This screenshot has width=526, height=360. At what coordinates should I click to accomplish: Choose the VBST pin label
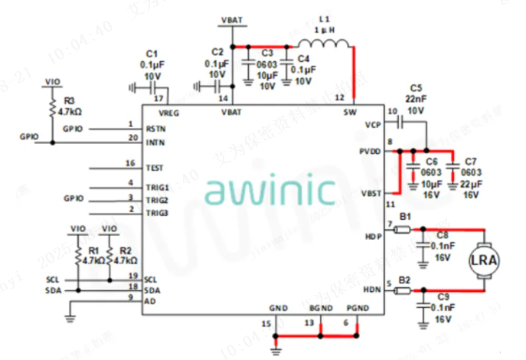tap(370, 191)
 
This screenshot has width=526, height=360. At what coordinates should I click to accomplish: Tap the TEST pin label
tap(154, 167)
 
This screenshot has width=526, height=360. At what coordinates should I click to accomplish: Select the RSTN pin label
tap(155, 128)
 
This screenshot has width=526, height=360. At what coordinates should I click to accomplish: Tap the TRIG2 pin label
tap(156, 200)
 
